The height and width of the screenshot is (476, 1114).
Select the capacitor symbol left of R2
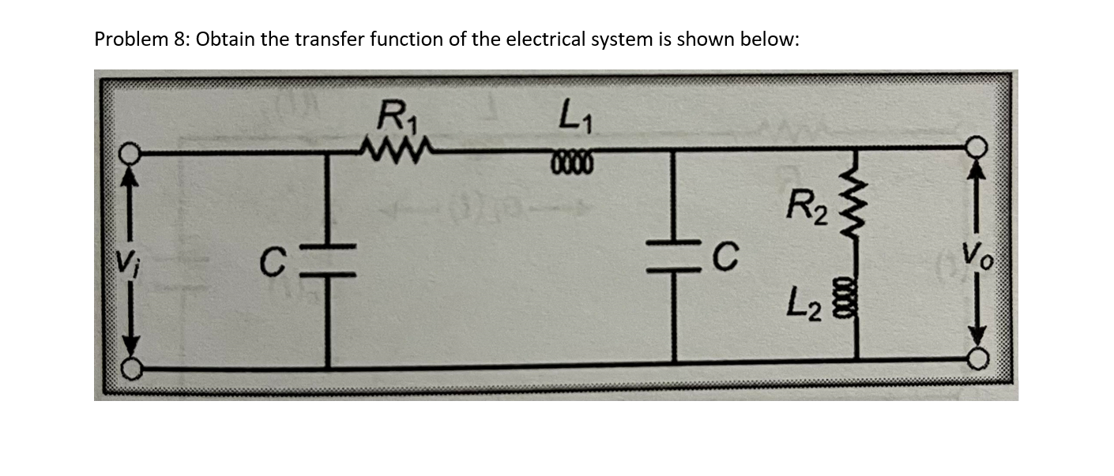(673, 257)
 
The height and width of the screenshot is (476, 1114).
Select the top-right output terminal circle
(977, 147)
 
